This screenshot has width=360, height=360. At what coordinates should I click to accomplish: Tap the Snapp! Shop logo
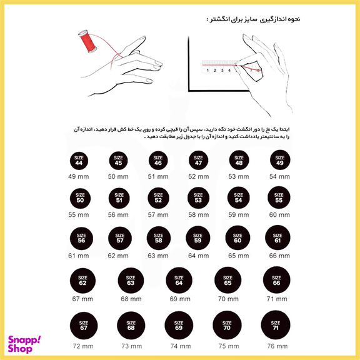(25, 343)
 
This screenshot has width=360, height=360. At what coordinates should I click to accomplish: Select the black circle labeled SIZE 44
(79, 161)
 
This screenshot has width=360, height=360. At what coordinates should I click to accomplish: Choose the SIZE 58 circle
(158, 238)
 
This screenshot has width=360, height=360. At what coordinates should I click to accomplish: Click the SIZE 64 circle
(179, 281)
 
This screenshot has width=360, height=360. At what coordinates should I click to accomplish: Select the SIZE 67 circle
(84, 326)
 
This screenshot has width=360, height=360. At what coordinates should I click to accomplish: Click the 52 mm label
(199, 177)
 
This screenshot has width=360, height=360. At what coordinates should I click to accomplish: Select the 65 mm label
(237, 255)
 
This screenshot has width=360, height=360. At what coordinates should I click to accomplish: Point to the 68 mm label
(131, 299)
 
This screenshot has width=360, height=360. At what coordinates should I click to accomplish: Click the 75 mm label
(226, 346)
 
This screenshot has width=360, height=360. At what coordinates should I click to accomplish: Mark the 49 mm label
(79, 177)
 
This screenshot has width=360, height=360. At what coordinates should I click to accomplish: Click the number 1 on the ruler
(207, 71)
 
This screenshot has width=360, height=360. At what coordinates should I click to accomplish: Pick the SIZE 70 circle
(226, 326)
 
